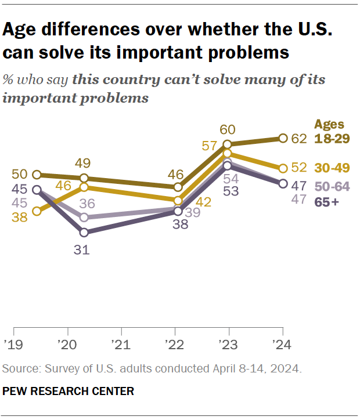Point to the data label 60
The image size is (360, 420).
[x=228, y=129]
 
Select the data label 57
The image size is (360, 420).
[x=208, y=146]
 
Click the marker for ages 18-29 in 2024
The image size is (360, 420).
[x=283, y=138]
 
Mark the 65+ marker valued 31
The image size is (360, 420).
[x=84, y=233]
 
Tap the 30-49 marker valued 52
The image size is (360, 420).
[x=283, y=169]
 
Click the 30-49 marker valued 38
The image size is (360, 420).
[x=37, y=211]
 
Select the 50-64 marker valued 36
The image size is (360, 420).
[x=84, y=218]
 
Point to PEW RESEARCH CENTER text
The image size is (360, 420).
[x=68, y=392]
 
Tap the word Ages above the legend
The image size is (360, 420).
[x=329, y=124]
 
